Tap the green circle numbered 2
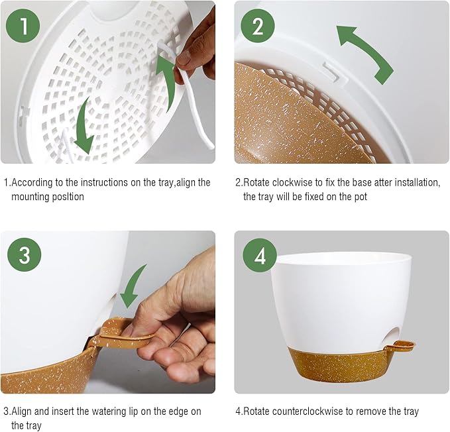coord(258,26)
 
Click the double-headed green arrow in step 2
coord(365,54)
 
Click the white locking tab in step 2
coord(332,71)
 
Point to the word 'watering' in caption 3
coord(113,411)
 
